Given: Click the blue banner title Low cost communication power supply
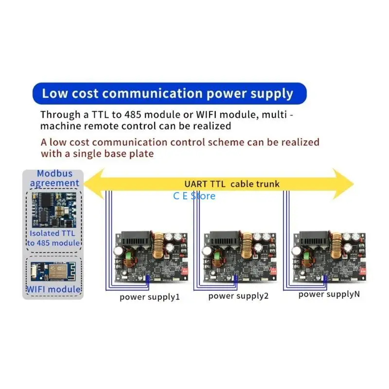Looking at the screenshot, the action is (167, 93).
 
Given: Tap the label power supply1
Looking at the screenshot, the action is (150, 297).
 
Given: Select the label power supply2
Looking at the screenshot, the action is (238, 296).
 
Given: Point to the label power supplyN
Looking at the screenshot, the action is (329, 294).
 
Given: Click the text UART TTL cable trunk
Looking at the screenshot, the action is (232, 184).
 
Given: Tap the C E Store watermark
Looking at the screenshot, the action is (194, 196).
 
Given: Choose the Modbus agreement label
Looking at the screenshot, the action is (54, 178).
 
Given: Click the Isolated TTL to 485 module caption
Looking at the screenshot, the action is (53, 238).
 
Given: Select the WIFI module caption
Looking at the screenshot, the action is (53, 289).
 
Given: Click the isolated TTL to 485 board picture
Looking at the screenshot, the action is (54, 210).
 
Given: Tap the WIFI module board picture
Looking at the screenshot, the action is (53, 271).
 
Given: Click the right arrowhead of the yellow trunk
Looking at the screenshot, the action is (343, 184).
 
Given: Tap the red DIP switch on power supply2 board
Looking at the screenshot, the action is (273, 271).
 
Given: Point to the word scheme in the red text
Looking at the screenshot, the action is (226, 142).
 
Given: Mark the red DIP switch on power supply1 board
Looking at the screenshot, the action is (185, 271).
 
